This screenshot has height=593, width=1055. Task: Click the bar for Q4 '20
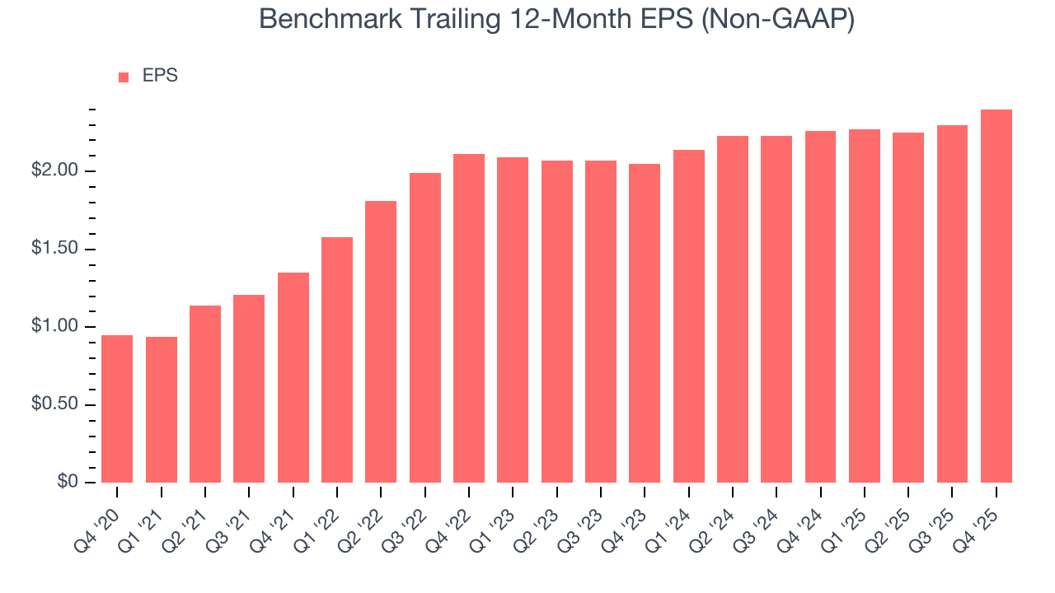117,409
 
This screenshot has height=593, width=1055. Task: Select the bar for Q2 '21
205,395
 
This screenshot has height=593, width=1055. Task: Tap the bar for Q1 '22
337,360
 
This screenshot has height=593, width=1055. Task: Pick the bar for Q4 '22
469,319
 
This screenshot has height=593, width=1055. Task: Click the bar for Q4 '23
645,324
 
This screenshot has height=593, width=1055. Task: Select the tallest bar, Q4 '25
996,296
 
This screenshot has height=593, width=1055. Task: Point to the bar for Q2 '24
733,310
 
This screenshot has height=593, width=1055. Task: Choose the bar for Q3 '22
425,328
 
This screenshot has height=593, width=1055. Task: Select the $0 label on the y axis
68,483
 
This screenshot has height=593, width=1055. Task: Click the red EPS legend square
124,77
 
